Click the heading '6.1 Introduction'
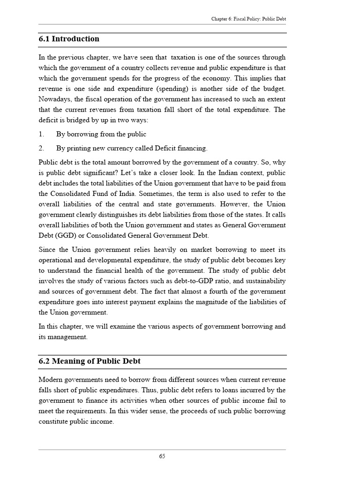coord(69,39)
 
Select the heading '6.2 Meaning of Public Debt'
coord(89,361)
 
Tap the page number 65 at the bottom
coord(162,457)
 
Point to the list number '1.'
coord(41,134)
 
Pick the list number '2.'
coord(41,148)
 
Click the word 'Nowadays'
coord(56,99)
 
